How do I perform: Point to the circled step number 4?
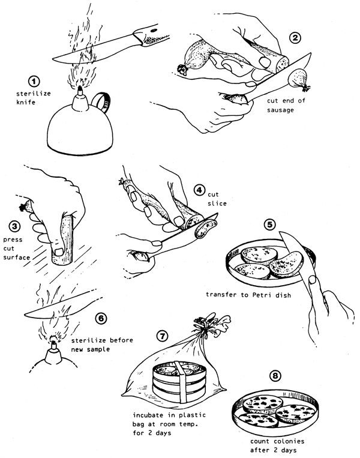[199, 191]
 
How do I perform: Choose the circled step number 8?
[275, 376]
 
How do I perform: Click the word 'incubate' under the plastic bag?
[150, 415]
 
